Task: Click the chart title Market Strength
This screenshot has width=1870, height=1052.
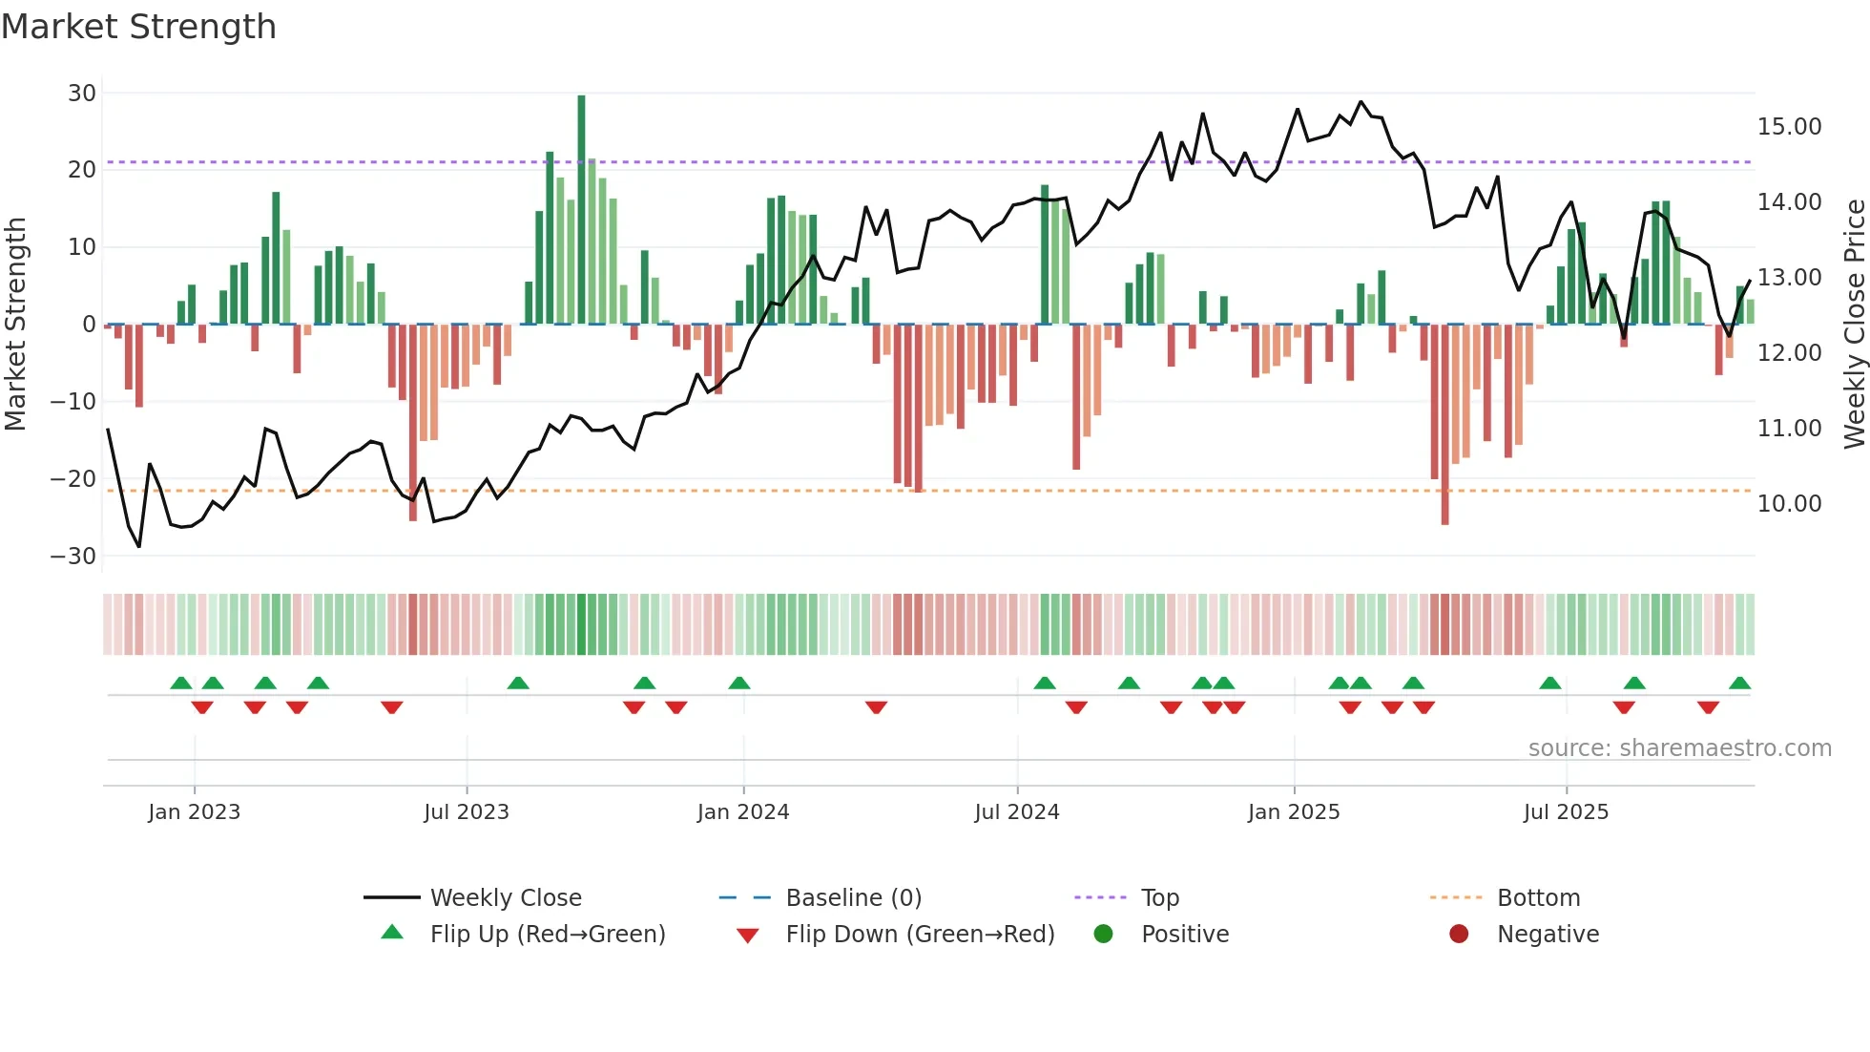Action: (139, 27)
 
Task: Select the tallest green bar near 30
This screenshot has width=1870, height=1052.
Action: (581, 210)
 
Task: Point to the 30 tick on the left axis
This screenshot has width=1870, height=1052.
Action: (82, 94)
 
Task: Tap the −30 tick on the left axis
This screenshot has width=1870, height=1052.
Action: (73, 557)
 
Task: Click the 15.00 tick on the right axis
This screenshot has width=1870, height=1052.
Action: (1789, 127)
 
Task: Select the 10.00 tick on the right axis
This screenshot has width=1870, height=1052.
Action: (1789, 504)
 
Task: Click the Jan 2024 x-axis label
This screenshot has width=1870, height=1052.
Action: (743, 812)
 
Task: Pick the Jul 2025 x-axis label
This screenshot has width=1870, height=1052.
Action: (1566, 812)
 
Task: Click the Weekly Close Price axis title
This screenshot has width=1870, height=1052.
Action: (1854, 325)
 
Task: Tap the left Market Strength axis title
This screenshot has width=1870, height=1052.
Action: (15, 325)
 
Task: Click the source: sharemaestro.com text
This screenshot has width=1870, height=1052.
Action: (1679, 748)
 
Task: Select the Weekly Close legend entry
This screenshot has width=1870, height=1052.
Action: (505, 898)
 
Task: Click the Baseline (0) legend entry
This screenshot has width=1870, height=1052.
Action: (853, 898)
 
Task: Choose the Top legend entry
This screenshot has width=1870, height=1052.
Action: (1159, 898)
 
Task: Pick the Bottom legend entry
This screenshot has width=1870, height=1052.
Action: (1538, 898)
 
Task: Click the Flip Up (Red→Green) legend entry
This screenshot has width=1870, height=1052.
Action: (547, 935)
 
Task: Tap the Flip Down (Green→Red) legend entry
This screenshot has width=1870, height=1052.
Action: (919, 935)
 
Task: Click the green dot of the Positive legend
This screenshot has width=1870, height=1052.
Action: (1104, 935)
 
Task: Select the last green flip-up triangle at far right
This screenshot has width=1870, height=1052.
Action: (1739, 684)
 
